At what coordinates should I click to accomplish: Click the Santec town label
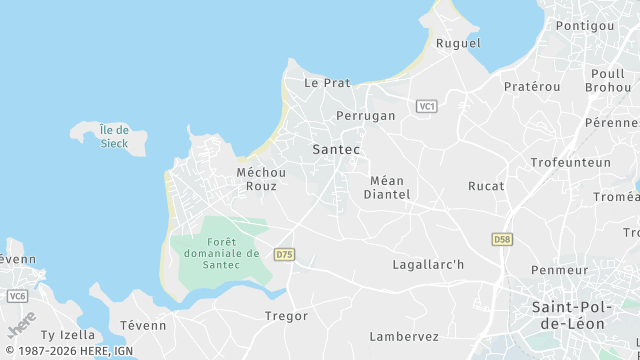[336, 149]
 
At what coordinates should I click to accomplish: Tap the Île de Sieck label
[115, 137]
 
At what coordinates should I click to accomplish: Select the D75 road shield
[285, 254]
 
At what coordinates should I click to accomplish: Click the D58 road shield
[502, 240]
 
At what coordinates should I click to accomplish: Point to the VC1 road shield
[427, 106]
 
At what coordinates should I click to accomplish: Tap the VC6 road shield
[17, 296]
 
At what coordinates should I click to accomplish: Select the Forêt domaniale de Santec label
[221, 254]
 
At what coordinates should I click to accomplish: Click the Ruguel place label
[458, 44]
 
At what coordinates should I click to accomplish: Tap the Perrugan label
[366, 116]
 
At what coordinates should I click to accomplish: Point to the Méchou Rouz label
[262, 179]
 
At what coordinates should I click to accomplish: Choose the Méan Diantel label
[387, 188]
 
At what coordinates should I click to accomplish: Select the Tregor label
[287, 316]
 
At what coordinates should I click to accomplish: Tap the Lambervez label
[404, 337]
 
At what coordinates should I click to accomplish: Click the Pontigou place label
[585, 25]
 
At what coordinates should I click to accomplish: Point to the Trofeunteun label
[570, 162]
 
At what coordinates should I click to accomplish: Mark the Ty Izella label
[68, 335]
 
